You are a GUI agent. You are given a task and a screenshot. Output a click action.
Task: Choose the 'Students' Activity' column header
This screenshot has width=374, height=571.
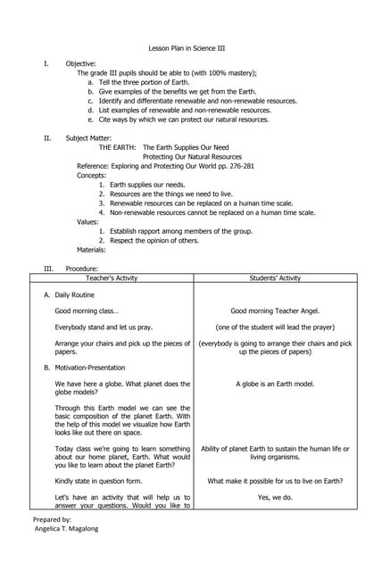point(276,278)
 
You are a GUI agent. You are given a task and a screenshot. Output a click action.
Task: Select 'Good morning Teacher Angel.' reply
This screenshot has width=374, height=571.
point(275,311)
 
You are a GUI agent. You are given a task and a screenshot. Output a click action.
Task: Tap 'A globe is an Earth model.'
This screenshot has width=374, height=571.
point(275,385)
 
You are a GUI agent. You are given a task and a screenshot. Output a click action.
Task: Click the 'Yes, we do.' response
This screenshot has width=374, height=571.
point(275,497)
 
